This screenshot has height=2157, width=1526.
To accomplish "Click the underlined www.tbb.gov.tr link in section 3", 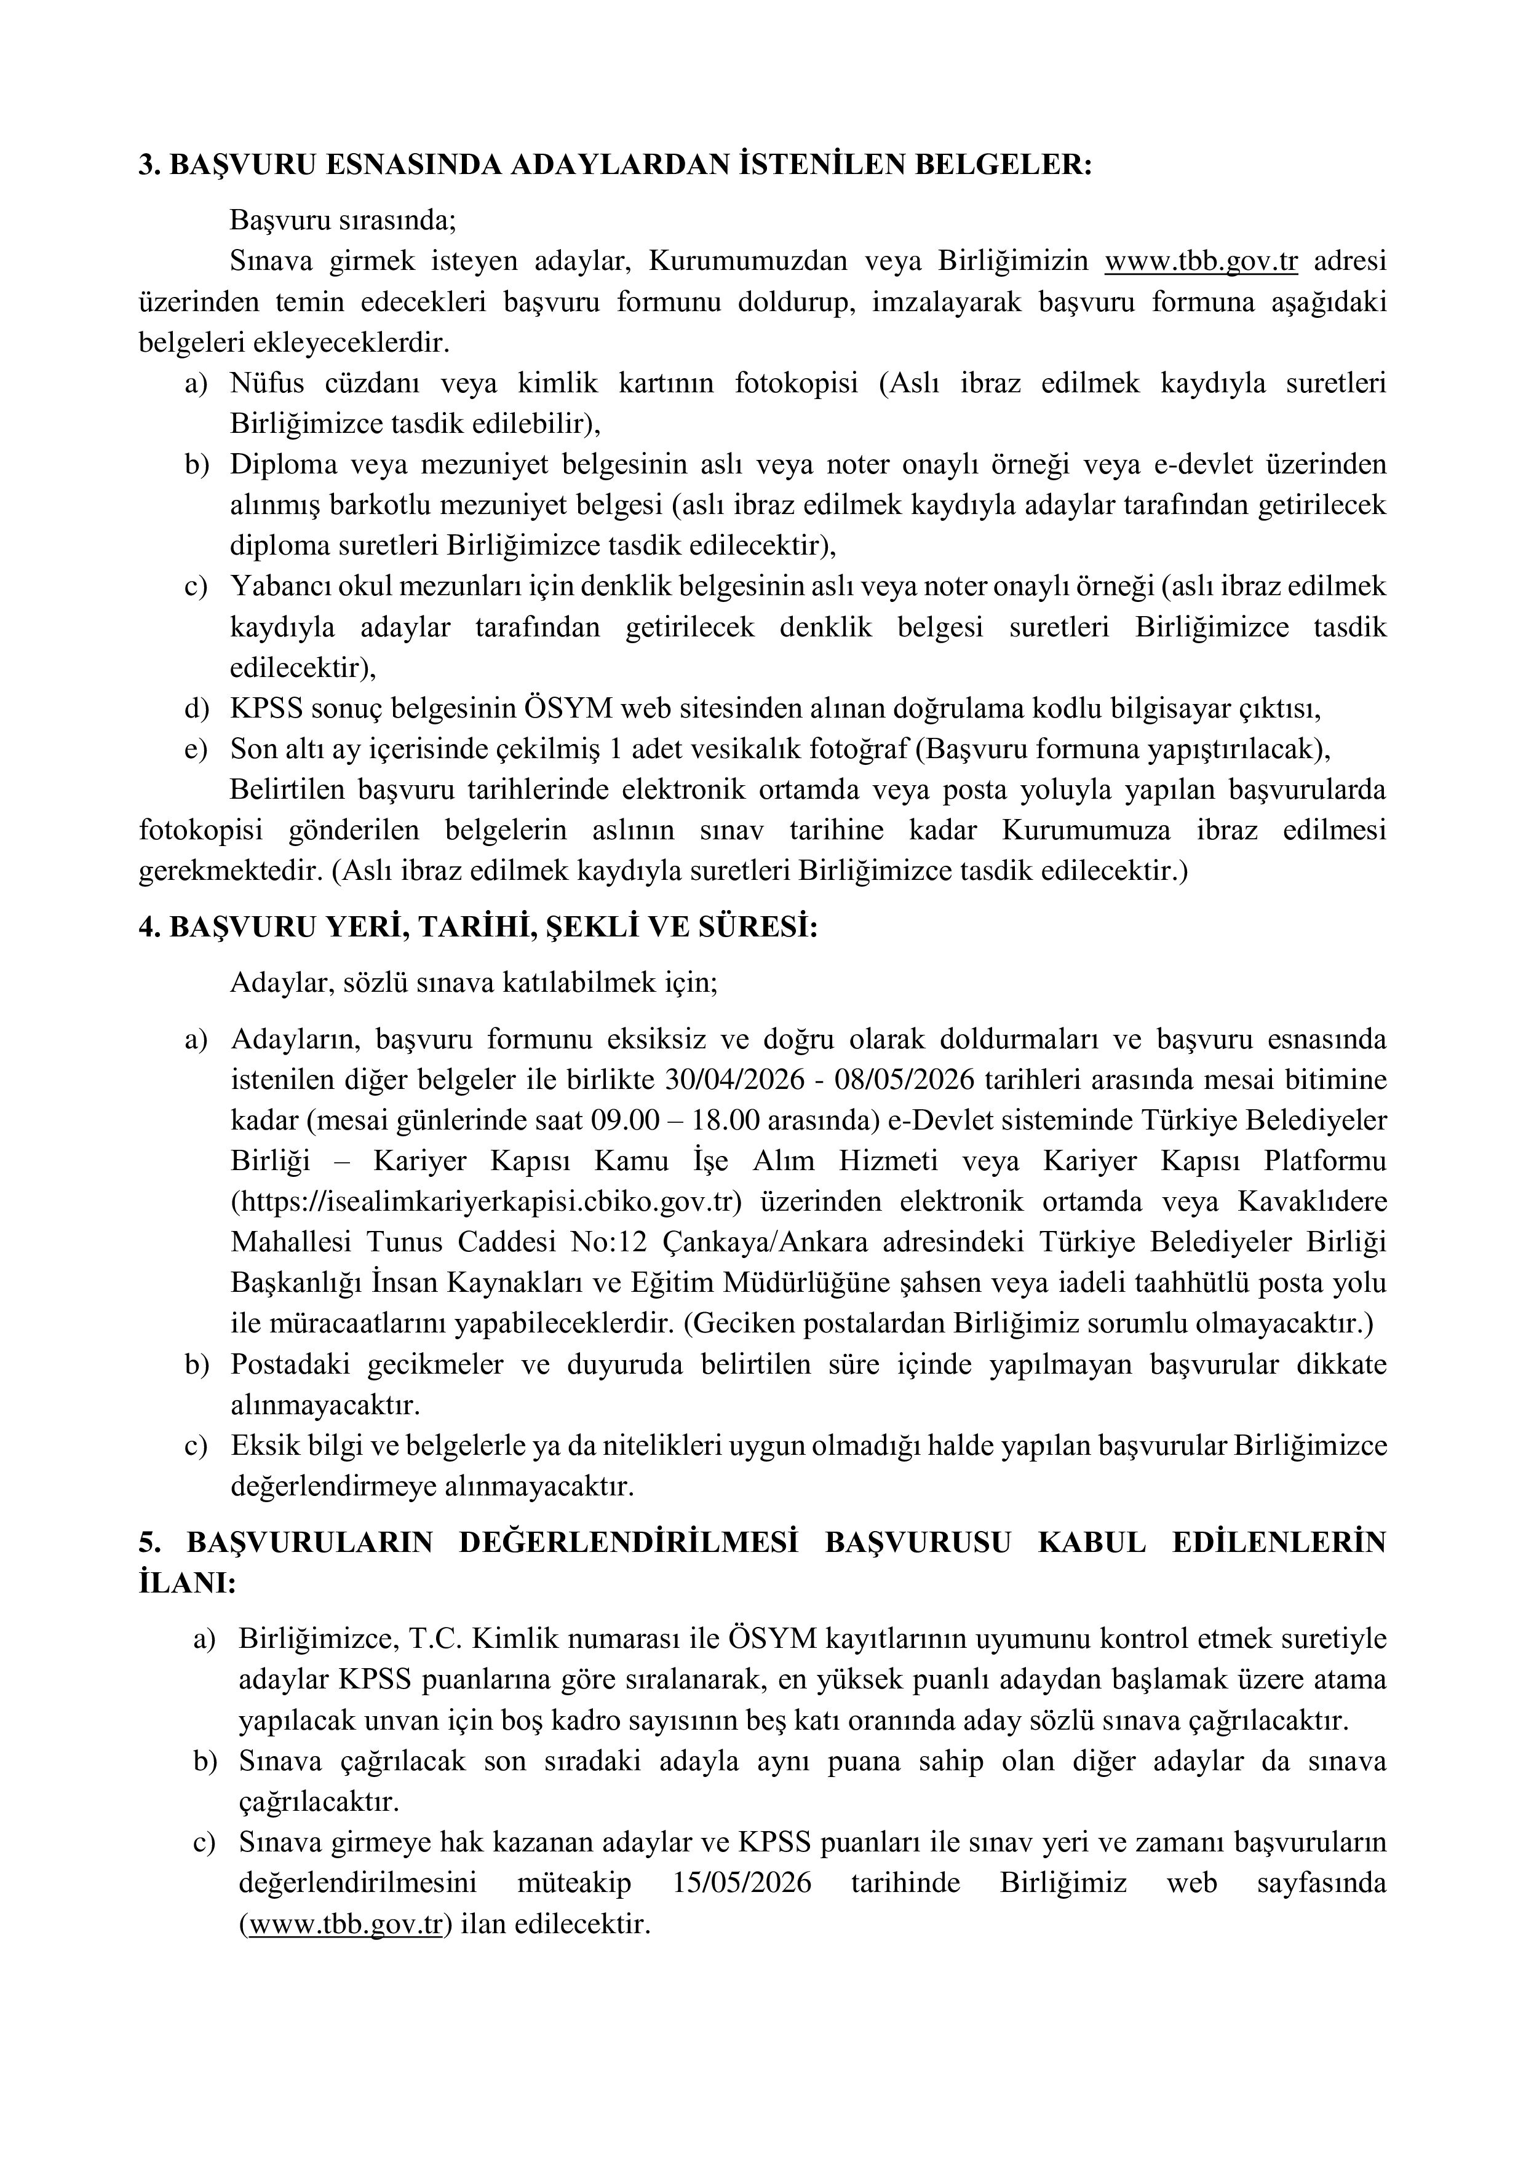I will [1201, 262].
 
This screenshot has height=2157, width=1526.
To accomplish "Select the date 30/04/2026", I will [734, 1080].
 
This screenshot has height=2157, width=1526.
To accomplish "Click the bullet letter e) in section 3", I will [196, 749].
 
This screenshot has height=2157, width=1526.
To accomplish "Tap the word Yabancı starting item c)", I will [278, 586].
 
